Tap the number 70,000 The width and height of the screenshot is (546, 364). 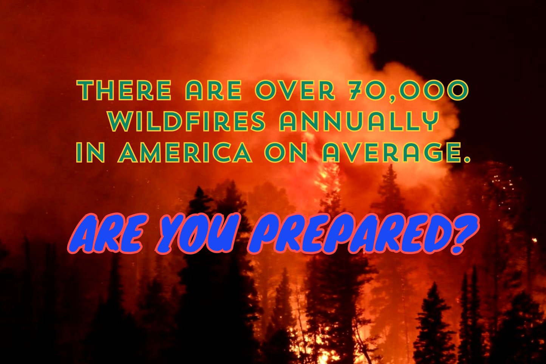[x=408, y=90]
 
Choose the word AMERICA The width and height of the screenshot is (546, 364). [x=185, y=152]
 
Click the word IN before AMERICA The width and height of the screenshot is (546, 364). [x=90, y=152]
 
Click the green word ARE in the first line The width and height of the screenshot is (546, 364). [x=213, y=90]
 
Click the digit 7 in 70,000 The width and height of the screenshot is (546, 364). [x=357, y=90]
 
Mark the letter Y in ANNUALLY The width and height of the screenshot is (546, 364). [x=430, y=121]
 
